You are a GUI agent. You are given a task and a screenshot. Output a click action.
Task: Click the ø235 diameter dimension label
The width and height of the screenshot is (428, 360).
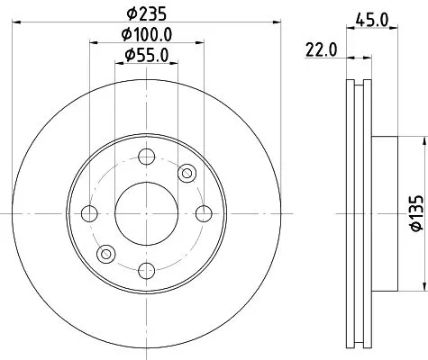pyautogui.click(x=146, y=14)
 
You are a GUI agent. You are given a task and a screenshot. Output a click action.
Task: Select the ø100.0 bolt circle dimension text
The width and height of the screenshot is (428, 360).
pyautogui.click(x=148, y=35)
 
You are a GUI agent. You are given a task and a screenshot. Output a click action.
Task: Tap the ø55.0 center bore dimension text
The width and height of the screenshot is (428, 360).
pyautogui.click(x=148, y=56)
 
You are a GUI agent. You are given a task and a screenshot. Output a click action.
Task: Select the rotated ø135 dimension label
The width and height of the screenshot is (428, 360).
pyautogui.click(x=416, y=214)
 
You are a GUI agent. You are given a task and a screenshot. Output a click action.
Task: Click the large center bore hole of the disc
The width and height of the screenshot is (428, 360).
pyautogui.click(x=147, y=214)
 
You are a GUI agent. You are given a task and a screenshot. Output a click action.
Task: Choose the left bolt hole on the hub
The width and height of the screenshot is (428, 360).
pyautogui.click(x=89, y=214)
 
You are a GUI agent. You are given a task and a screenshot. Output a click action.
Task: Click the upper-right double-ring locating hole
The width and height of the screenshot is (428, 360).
pyautogui.click(x=187, y=173)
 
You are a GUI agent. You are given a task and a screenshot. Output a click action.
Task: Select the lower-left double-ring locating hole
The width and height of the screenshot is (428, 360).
pyautogui.click(x=106, y=255)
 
